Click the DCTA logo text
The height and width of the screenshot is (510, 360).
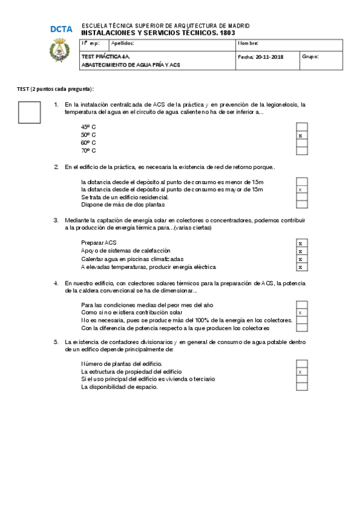click(x=61, y=29)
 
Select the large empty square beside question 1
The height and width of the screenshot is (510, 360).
click(x=29, y=112)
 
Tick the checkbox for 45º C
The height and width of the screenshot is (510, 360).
click(x=302, y=127)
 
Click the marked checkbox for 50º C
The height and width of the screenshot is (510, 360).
click(x=302, y=135)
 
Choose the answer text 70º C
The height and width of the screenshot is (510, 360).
click(x=88, y=150)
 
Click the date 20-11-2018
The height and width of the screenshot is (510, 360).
click(x=269, y=57)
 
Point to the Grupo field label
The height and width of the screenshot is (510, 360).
click(x=310, y=57)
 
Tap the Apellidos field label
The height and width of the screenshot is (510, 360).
click(x=123, y=43)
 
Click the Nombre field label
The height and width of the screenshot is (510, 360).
click(x=248, y=43)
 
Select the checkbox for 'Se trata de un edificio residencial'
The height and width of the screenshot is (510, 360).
click(x=302, y=197)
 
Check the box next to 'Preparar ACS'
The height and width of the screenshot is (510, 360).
click(x=302, y=243)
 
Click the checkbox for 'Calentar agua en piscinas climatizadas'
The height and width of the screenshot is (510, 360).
click(x=302, y=259)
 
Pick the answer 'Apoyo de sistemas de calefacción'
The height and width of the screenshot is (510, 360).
click(x=126, y=250)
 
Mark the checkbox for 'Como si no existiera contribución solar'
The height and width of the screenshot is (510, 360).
click(x=302, y=313)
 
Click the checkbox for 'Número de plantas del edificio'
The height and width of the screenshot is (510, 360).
click(x=302, y=364)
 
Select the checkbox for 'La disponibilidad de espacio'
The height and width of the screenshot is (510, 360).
click(x=302, y=387)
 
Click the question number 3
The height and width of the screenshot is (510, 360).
click(x=56, y=220)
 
